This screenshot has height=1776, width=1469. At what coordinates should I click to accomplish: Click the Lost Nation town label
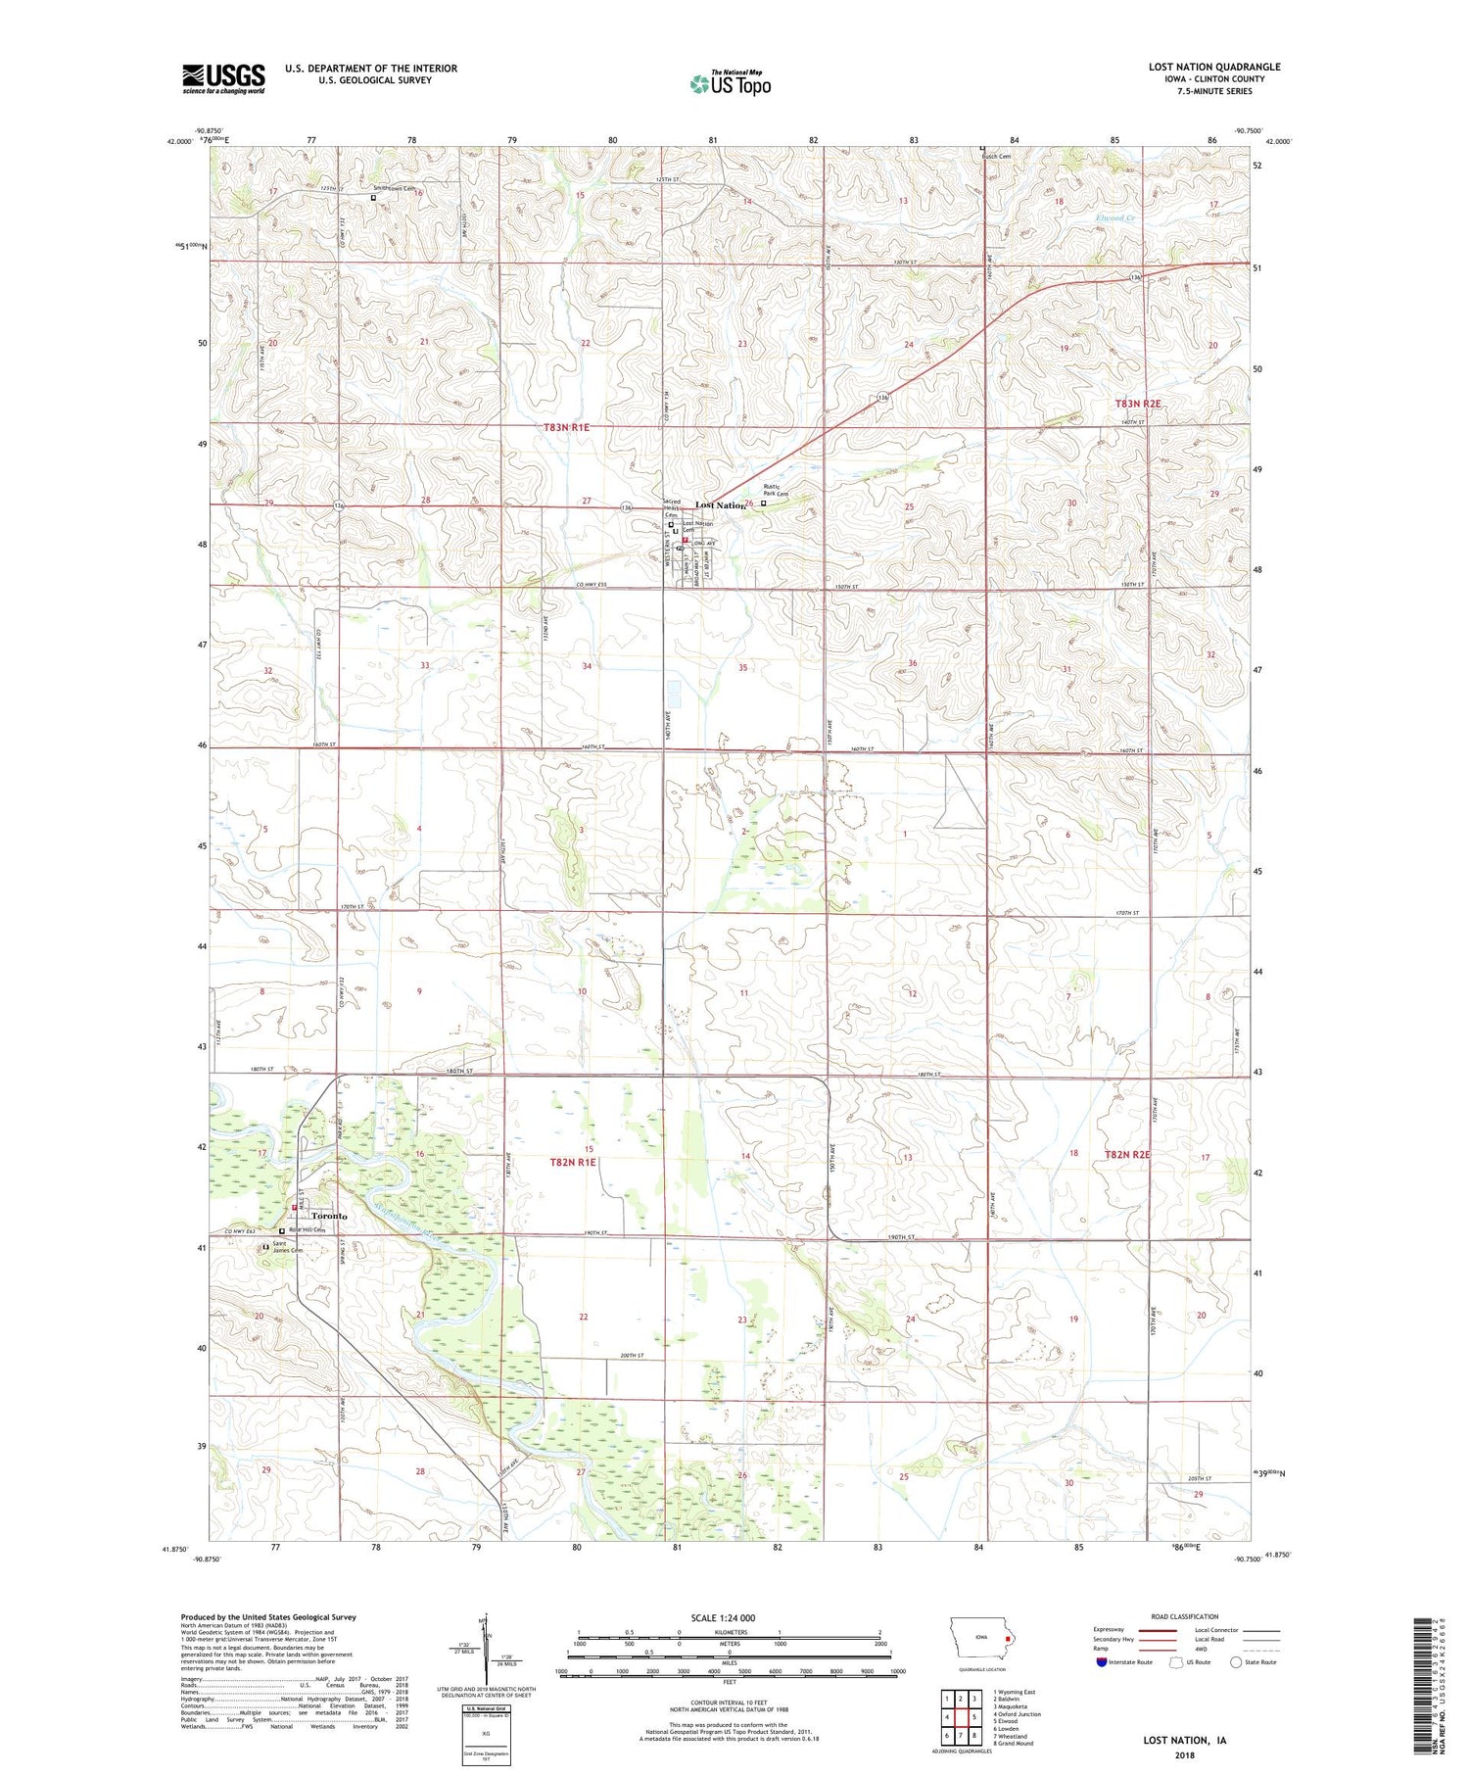coord(720,505)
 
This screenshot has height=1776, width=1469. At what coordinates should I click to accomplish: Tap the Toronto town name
coord(329,1216)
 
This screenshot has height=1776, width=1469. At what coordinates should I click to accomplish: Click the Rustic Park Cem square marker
coord(764,504)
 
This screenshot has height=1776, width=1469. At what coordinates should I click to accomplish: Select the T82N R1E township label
coord(573,1162)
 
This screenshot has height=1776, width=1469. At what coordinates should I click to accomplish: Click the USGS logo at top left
coord(223,78)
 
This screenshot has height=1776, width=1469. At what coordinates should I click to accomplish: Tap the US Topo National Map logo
coord(730,84)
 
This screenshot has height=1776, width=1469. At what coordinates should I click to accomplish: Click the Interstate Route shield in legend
coord(1103,1662)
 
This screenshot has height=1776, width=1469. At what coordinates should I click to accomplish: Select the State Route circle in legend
coord(1237,1662)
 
